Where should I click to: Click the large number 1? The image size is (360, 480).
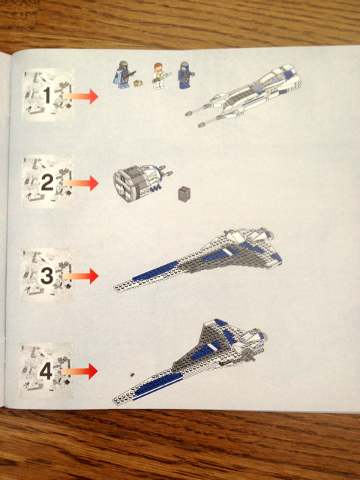pos(46,95)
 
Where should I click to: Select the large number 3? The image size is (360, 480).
pos(47,275)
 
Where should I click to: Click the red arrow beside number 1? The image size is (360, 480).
pos(80,96)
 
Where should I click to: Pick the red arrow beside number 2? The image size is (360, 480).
pos(81,183)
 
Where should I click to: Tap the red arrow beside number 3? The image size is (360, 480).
pos(81,276)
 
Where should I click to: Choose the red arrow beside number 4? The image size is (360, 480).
pos(79,371)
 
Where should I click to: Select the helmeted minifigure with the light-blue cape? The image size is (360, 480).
pos(123,74)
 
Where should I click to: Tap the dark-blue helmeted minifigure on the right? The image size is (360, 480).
pos(185,75)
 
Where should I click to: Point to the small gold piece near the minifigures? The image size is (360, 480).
pos(138,82)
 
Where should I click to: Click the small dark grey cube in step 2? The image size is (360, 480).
pos(184,193)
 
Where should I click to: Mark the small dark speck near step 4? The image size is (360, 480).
pos(132,374)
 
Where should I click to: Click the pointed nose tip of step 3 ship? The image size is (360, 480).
pos(114,288)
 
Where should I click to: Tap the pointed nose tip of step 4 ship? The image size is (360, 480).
pos(113,400)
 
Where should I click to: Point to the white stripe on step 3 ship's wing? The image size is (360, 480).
pos(226,253)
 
